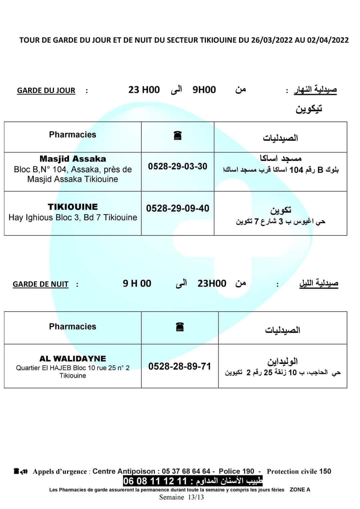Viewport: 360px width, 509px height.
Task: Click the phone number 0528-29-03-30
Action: pyautogui.click(x=178, y=166)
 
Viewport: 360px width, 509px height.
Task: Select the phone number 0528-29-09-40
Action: pyautogui.click(x=178, y=208)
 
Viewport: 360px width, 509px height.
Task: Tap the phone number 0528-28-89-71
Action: pyautogui.click(x=180, y=366)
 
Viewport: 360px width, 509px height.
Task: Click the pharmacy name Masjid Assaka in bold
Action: pyautogui.click(x=73, y=159)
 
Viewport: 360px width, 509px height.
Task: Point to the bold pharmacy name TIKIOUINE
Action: pyautogui.click(x=73, y=207)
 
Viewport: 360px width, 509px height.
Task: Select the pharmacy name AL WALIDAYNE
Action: pyautogui.click(x=73, y=359)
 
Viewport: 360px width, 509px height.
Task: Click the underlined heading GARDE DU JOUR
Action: pyautogui.click(x=46, y=91)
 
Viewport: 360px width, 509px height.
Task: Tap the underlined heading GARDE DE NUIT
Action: pyautogui.click(x=40, y=284)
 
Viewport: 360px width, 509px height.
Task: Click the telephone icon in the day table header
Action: pyautogui.click(x=178, y=136)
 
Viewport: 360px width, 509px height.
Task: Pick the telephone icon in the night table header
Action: pyautogui.click(x=180, y=327)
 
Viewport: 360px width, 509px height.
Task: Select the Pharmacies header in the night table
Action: pyautogui.click(x=73, y=327)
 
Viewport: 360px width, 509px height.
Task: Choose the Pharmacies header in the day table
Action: pyautogui.click(x=73, y=134)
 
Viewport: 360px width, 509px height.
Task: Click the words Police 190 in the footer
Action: pyautogui.click(x=236, y=471)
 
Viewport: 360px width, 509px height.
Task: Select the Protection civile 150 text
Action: pyautogui.click(x=299, y=471)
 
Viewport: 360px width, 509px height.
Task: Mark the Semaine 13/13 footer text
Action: pyautogui.click(x=181, y=497)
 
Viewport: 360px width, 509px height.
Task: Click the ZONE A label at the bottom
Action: pyautogui.click(x=300, y=490)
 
